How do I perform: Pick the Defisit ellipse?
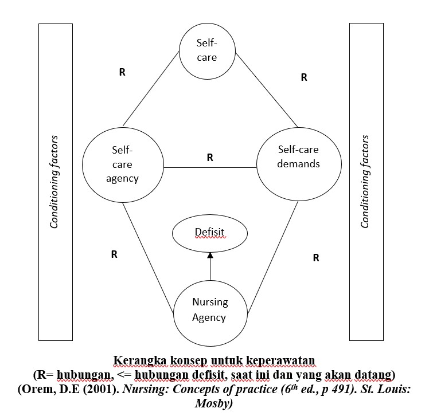[x=210, y=233]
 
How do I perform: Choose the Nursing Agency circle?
[x=210, y=309]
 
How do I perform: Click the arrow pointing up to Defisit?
[x=210, y=266]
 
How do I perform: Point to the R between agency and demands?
[x=210, y=157]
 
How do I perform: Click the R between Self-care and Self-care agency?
[x=122, y=73]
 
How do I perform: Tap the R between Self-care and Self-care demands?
[x=304, y=77]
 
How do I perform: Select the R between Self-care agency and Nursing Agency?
[x=114, y=254]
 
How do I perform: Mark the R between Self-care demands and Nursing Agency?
[x=316, y=258]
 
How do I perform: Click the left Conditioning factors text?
[x=54, y=182]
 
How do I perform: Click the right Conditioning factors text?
[x=365, y=182]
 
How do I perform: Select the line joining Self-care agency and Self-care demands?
[x=210, y=167]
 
